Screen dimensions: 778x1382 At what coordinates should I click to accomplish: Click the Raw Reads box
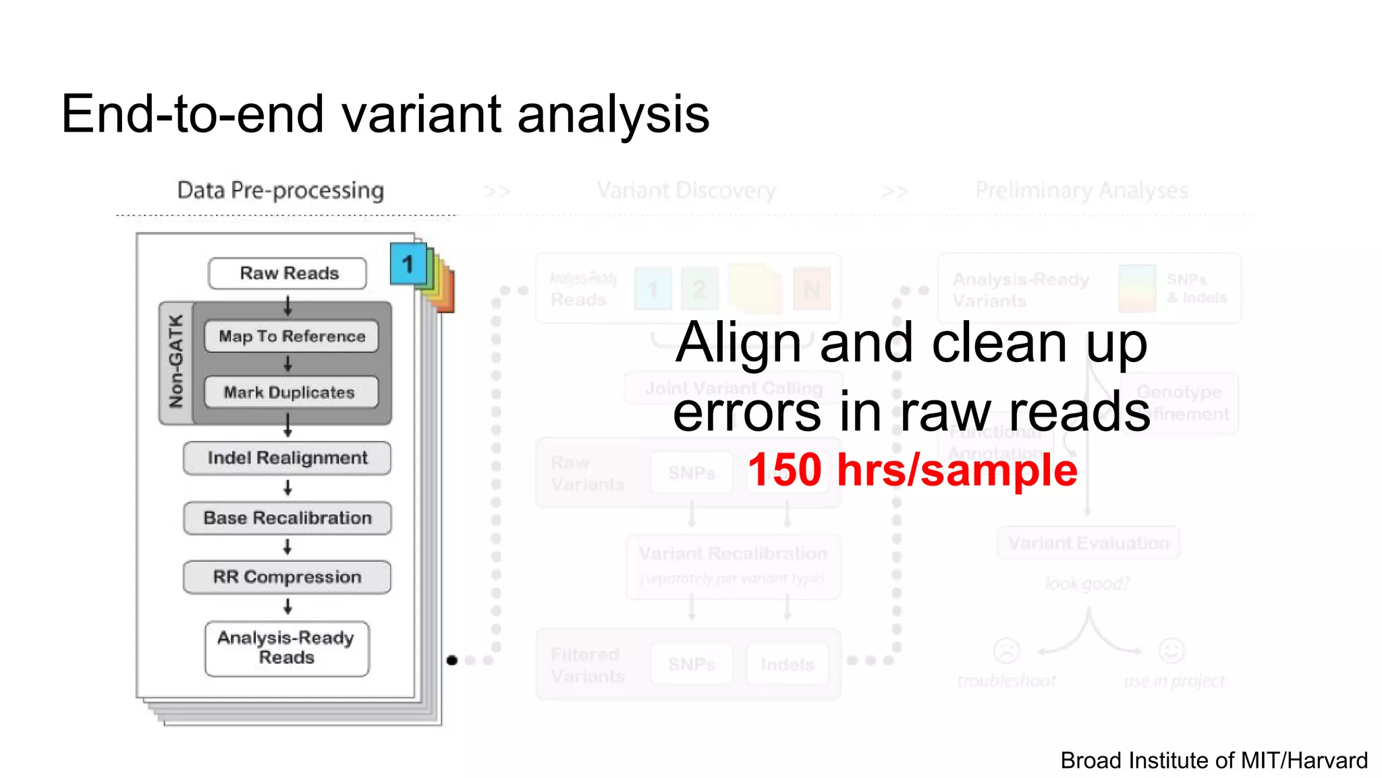click(x=288, y=274)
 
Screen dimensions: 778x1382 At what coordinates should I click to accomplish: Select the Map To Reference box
click(x=292, y=336)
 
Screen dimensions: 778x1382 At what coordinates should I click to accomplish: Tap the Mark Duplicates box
click(x=290, y=392)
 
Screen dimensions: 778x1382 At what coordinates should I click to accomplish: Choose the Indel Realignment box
click(x=287, y=458)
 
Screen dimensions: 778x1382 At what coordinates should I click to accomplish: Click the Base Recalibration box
click(x=287, y=518)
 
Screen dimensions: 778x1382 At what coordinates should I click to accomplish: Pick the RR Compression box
click(x=287, y=577)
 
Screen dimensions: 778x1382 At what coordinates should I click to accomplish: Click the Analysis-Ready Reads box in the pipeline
click(x=287, y=648)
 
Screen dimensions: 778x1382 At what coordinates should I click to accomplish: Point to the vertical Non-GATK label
click(x=176, y=362)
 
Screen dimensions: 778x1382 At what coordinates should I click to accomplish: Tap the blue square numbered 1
click(x=408, y=264)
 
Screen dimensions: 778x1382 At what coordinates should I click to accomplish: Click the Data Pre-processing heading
click(x=281, y=190)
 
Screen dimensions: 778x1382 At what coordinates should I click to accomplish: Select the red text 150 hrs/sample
click(x=912, y=470)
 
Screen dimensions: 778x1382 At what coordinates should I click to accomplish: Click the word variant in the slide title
click(x=420, y=113)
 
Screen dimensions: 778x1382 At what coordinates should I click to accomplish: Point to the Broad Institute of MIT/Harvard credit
click(x=1213, y=760)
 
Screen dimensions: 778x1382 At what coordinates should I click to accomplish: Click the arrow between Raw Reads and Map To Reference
click(x=288, y=306)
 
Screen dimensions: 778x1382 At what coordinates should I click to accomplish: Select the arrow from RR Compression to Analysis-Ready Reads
click(x=288, y=607)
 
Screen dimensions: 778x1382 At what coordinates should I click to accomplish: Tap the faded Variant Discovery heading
click(x=686, y=190)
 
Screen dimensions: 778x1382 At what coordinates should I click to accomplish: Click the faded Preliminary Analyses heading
click(x=1081, y=190)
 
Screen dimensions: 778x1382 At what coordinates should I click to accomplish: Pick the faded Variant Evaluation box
click(x=1088, y=543)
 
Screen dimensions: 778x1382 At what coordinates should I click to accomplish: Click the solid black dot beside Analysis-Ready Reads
click(x=452, y=660)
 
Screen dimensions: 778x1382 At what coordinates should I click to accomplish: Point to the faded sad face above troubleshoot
click(x=1006, y=650)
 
